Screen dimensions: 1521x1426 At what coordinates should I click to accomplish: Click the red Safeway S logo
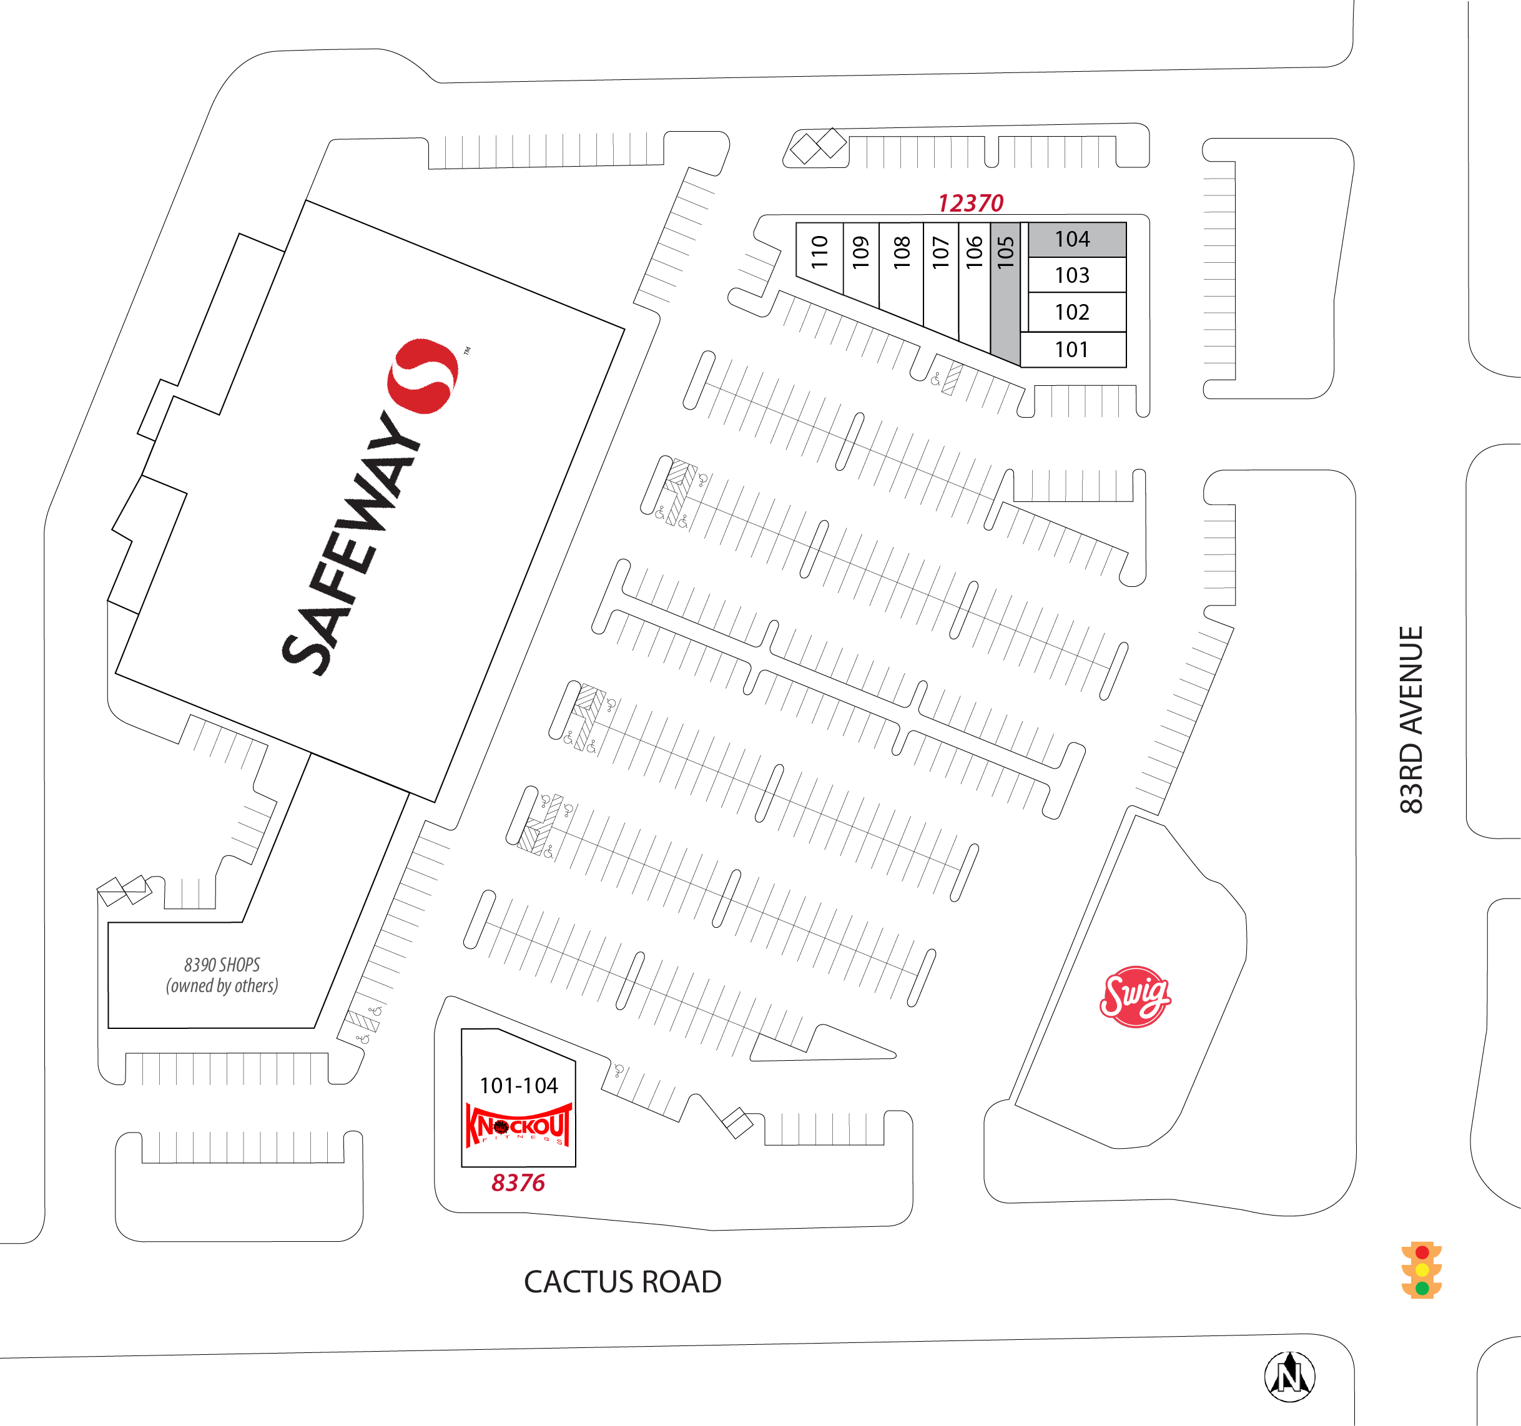click(x=422, y=376)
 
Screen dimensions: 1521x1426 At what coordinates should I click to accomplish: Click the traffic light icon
click(x=1422, y=1270)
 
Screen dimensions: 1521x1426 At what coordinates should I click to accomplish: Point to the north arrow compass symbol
click(x=1290, y=1376)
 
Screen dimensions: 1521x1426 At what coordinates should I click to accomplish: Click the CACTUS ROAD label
click(x=623, y=1282)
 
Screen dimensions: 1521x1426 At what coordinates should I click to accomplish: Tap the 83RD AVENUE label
click(x=1412, y=720)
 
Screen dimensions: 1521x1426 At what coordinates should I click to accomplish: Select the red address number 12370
click(x=970, y=203)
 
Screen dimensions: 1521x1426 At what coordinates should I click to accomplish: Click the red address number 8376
click(x=518, y=1183)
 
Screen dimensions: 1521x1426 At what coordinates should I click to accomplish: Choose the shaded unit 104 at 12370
click(x=1077, y=240)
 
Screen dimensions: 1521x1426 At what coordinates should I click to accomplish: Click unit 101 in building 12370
click(x=1073, y=350)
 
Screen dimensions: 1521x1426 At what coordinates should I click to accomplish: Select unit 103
click(x=1077, y=275)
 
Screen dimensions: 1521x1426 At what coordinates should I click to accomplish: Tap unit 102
click(x=1077, y=312)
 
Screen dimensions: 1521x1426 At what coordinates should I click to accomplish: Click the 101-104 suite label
click(x=519, y=1086)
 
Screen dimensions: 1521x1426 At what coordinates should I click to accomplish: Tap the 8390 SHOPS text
click(x=222, y=965)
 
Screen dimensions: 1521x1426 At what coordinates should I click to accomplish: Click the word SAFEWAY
click(x=350, y=544)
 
